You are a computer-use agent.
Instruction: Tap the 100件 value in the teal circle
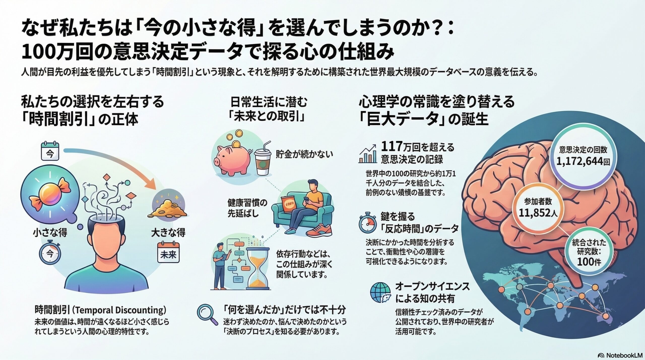[589, 262]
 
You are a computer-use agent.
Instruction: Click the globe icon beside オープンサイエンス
[380, 292]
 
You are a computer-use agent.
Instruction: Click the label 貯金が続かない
[304, 154]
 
